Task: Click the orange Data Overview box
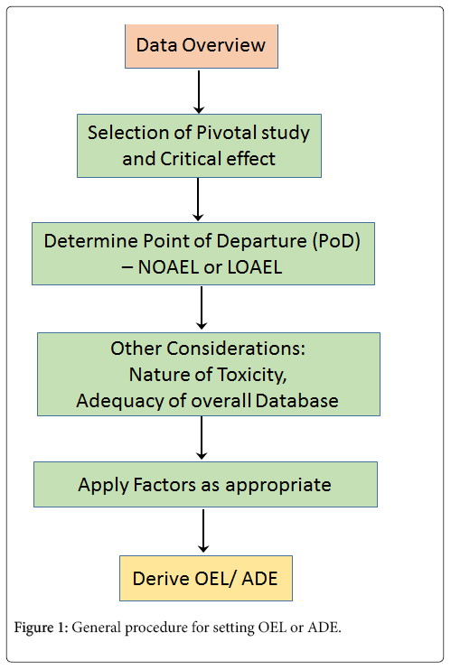click(x=202, y=46)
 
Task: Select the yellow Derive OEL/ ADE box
click(x=206, y=578)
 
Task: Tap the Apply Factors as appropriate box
click(x=205, y=484)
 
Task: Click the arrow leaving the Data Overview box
click(x=199, y=91)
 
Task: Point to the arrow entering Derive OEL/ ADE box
click(x=203, y=531)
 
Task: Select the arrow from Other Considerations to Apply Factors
click(x=202, y=438)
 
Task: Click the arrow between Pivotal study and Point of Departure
click(x=198, y=200)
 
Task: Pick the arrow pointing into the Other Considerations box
click(x=202, y=308)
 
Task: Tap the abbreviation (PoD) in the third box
click(x=336, y=241)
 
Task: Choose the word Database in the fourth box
click(x=297, y=401)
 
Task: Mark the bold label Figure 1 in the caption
click(x=41, y=628)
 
